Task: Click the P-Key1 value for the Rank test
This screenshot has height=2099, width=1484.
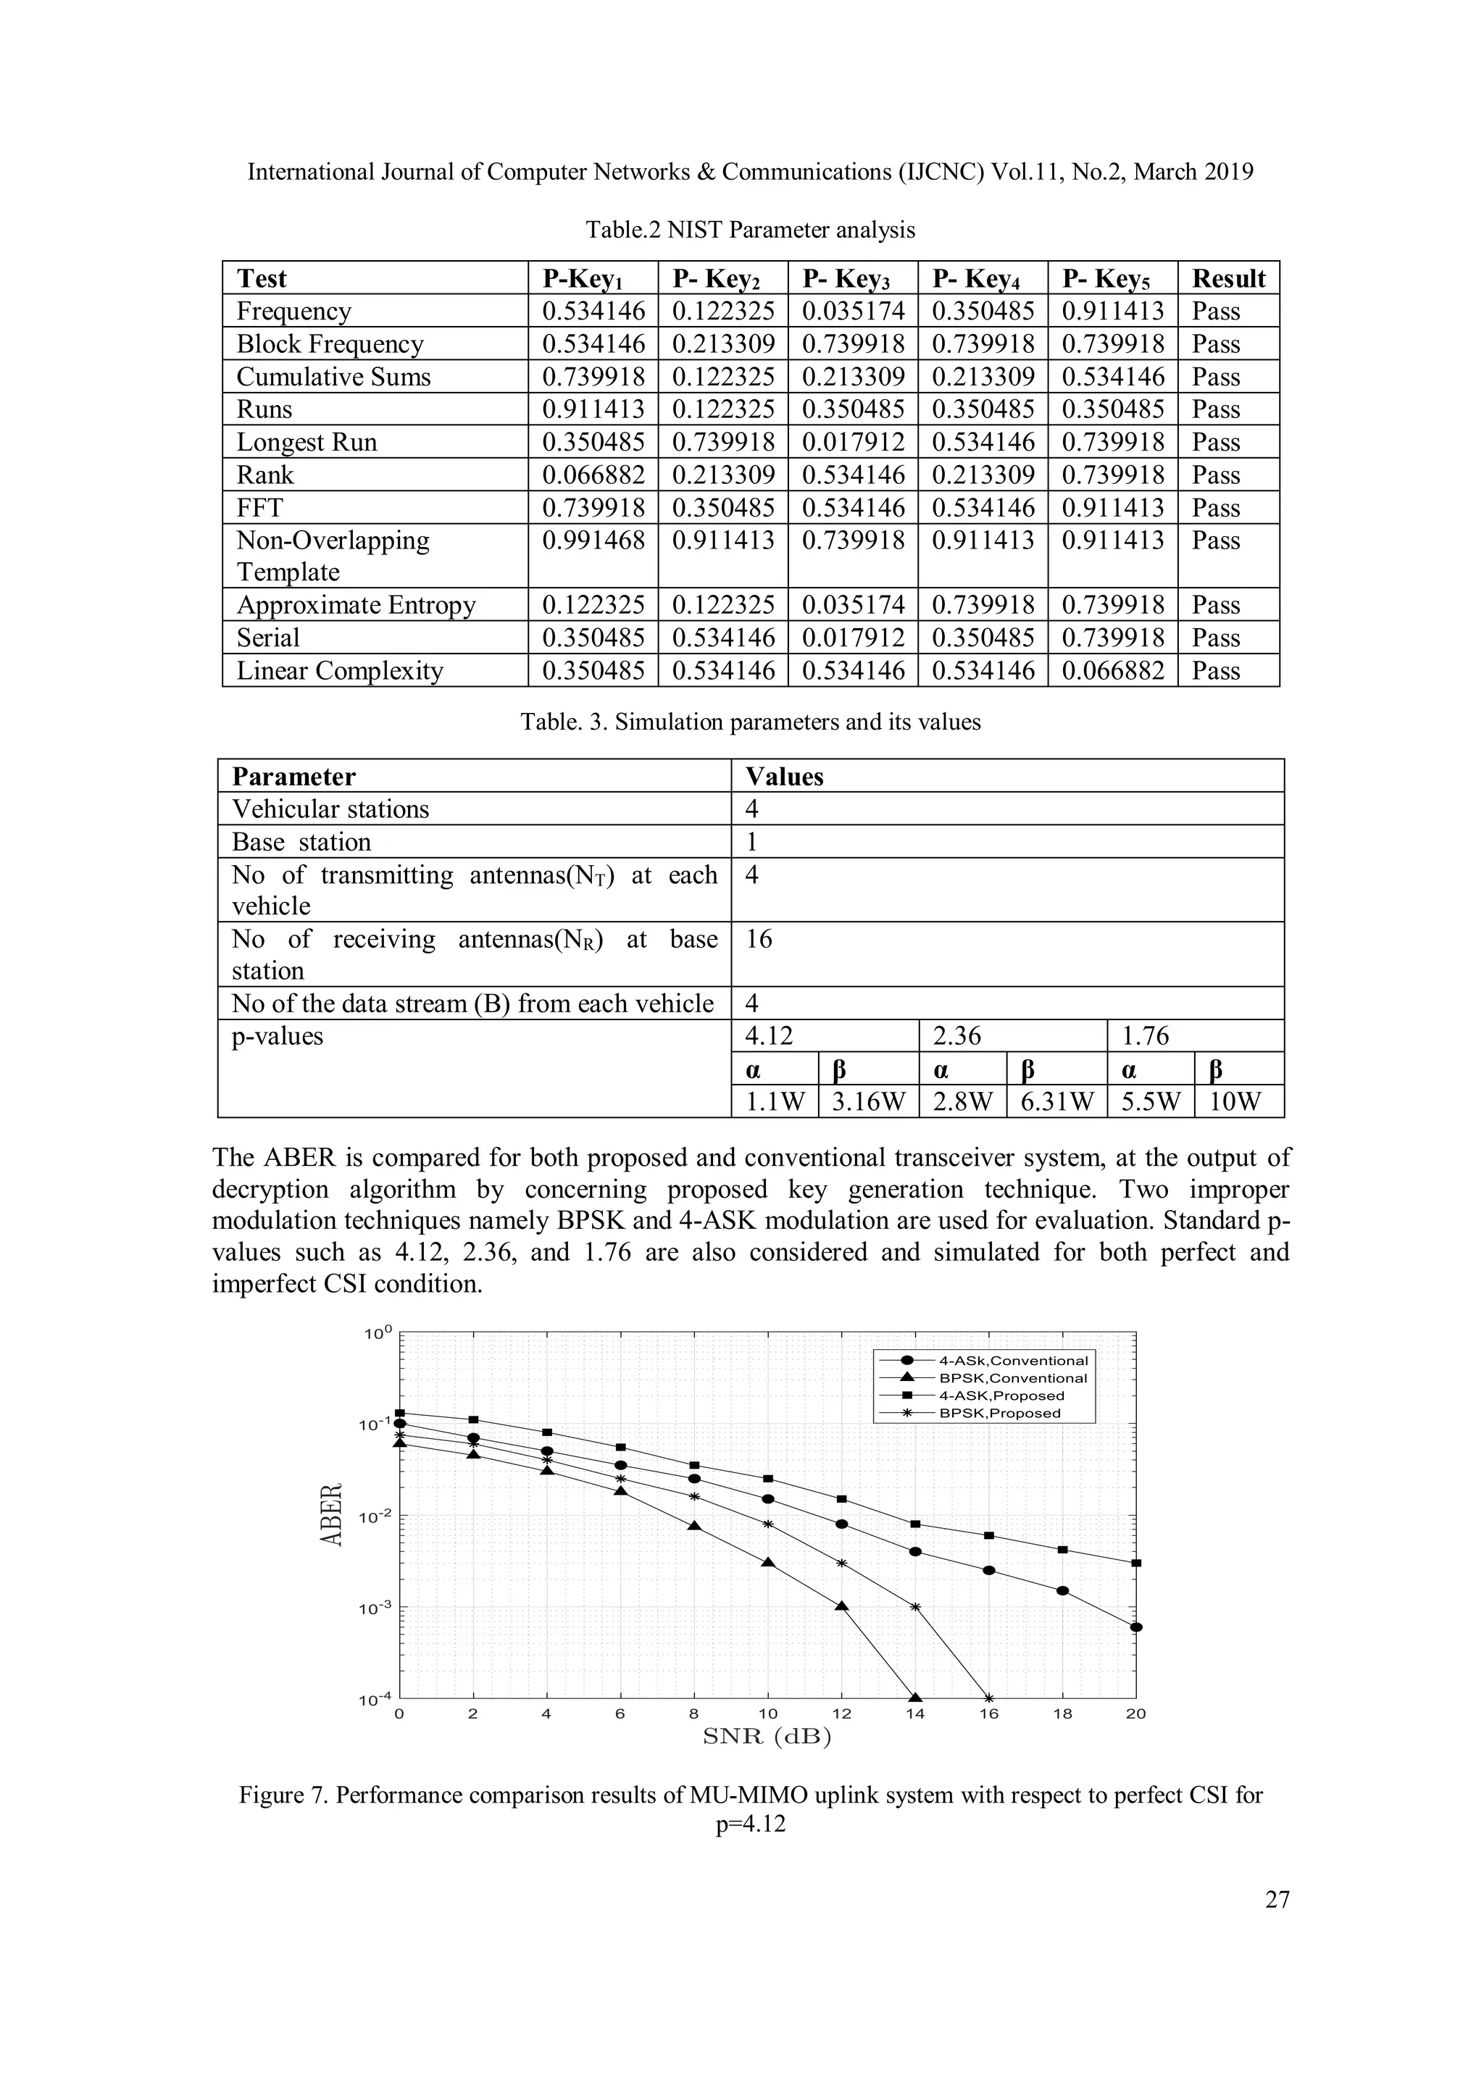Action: coord(593,475)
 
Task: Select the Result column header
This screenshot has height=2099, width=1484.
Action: coord(1228,278)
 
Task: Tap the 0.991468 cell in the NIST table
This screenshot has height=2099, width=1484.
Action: coord(593,541)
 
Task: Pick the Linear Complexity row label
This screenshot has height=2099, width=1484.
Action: coord(339,671)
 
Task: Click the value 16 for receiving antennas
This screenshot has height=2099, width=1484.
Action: coord(759,939)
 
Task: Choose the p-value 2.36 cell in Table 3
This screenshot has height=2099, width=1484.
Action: coord(956,1036)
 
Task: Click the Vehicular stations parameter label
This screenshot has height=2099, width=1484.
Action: coord(330,809)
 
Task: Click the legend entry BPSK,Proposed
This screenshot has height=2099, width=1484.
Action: coord(999,1414)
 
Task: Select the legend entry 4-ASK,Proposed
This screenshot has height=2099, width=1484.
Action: coord(1001,1396)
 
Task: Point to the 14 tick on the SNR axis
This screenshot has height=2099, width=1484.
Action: coord(915,1714)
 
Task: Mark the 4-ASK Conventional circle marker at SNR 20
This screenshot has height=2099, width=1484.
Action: coord(1135,1627)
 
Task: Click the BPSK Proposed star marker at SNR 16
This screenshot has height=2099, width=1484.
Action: coord(988,1698)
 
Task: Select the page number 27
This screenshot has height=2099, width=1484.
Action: coord(1277,1900)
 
